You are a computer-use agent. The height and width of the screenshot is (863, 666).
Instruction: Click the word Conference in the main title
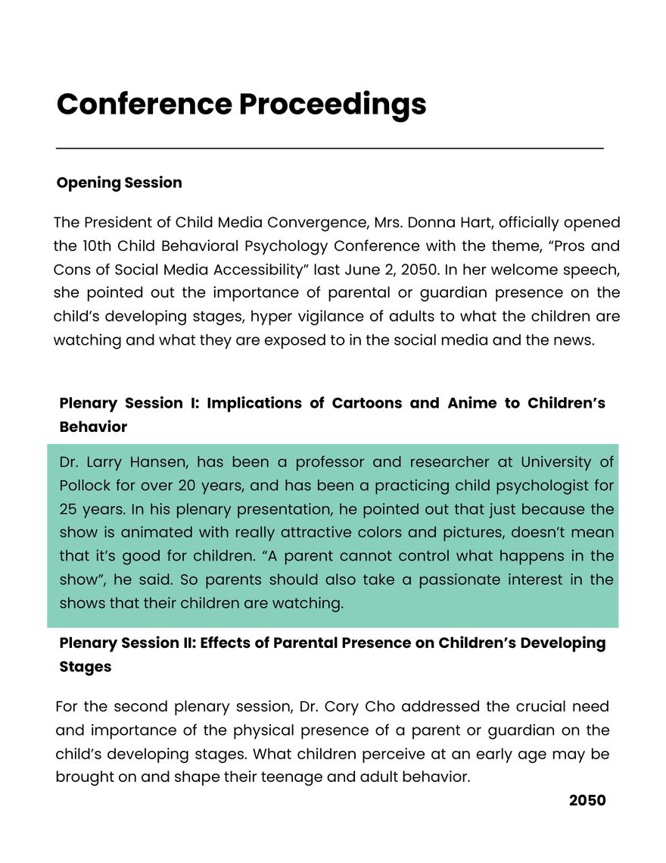click(144, 104)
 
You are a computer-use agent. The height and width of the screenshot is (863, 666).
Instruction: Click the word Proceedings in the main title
click(332, 104)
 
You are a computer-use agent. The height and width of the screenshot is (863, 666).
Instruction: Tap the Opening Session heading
click(119, 183)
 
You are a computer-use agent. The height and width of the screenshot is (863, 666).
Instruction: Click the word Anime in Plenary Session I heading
click(471, 403)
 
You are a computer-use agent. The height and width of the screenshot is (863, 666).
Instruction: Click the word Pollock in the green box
click(85, 486)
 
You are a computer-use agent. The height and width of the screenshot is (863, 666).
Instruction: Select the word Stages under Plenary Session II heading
click(85, 667)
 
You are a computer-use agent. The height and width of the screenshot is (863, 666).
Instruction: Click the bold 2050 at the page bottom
click(587, 801)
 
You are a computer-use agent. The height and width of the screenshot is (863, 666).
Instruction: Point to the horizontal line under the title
click(330, 149)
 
